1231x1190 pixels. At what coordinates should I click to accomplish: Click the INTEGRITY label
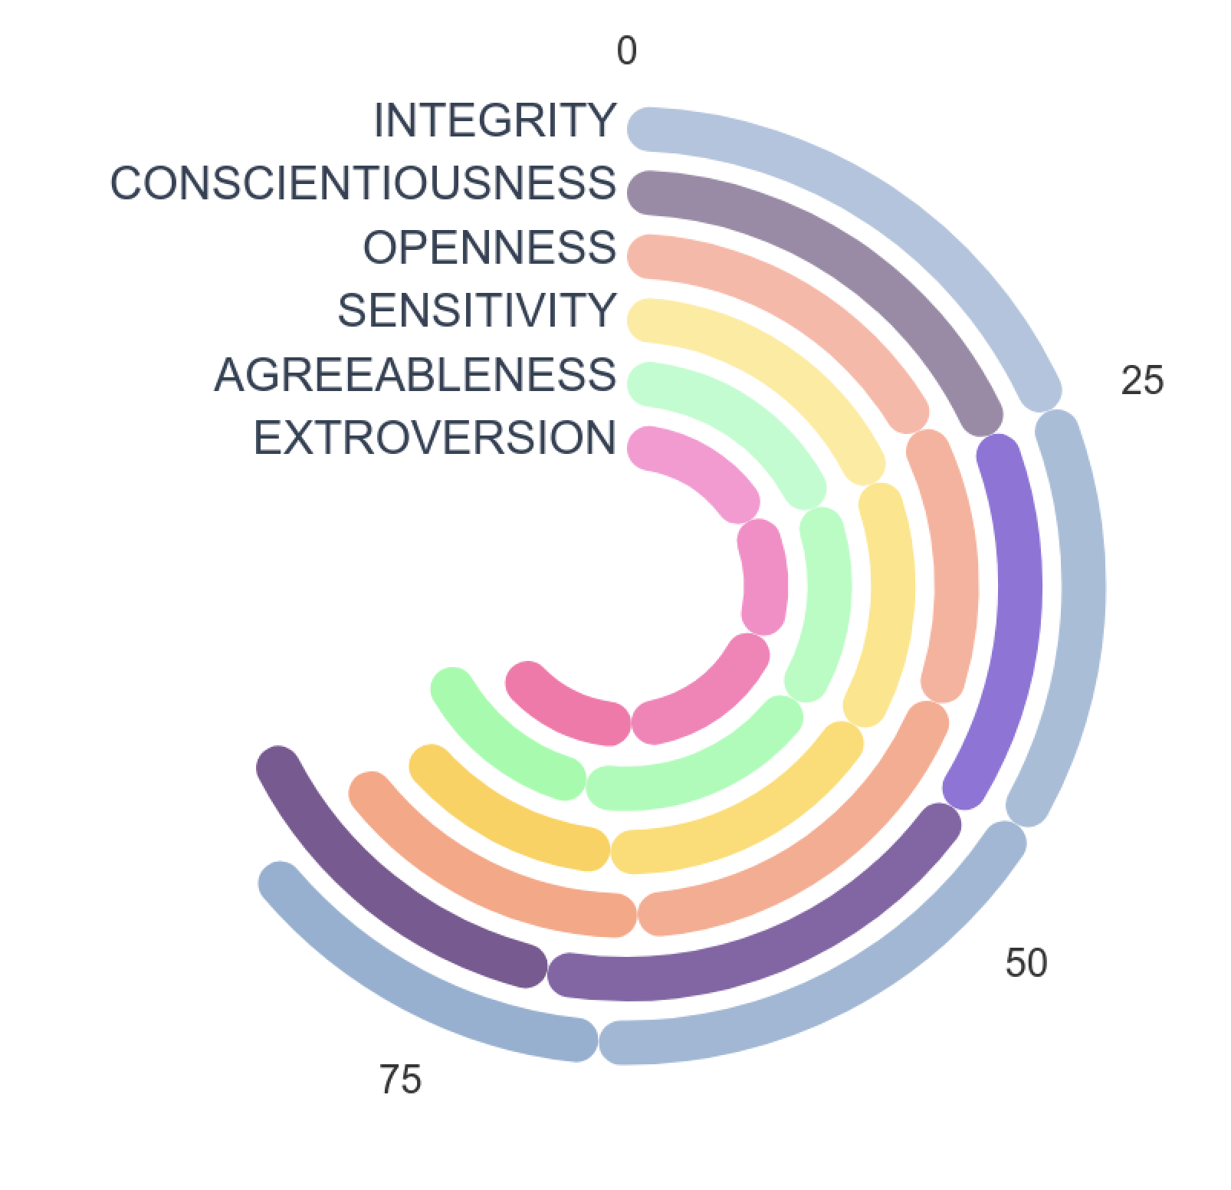pyautogui.click(x=494, y=120)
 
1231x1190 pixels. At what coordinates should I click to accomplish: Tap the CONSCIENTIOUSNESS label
pyautogui.click(x=363, y=184)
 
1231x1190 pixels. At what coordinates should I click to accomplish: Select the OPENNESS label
pyautogui.click(x=489, y=248)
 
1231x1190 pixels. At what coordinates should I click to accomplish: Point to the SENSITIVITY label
pyautogui.click(x=477, y=311)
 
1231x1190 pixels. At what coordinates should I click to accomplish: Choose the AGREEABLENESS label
pyautogui.click(x=415, y=375)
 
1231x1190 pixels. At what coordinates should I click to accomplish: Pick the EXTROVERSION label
pyautogui.click(x=435, y=438)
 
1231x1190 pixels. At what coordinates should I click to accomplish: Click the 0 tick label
pyautogui.click(x=626, y=51)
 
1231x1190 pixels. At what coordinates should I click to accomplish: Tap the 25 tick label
pyautogui.click(x=1141, y=380)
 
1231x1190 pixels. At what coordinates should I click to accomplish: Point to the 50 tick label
pyautogui.click(x=1026, y=962)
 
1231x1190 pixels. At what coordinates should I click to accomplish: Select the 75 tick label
pyautogui.click(x=400, y=1080)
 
